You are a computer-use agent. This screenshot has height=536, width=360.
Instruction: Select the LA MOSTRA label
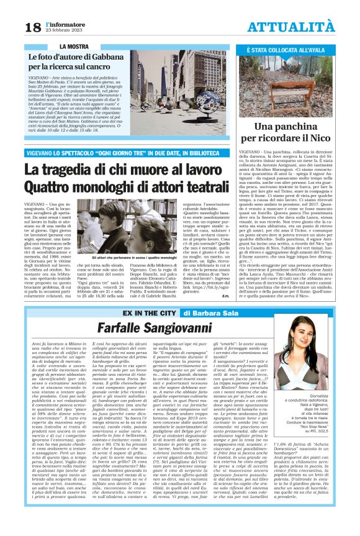pyautogui.click(x=74, y=47)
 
